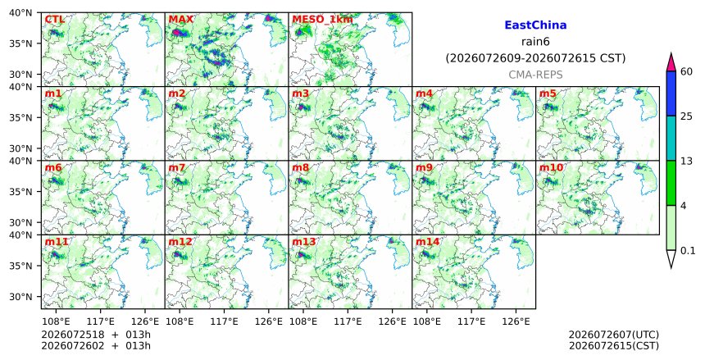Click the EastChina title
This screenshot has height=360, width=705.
535,25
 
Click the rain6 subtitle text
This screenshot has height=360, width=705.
535,42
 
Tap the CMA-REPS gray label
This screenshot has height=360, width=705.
535,75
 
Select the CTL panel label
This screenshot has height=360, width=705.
54,20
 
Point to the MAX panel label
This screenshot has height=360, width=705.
180,20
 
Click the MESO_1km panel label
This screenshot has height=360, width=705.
322,20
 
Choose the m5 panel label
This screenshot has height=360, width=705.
548,93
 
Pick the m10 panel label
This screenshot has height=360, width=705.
551,168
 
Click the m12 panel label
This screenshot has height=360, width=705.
180,242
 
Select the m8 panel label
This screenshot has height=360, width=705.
300,168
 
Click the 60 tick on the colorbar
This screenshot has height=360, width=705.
686,71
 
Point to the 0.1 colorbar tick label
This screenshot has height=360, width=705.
688,251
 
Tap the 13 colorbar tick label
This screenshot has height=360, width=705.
686,161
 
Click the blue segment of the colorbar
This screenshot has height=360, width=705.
671,93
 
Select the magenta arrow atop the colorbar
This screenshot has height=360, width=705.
671,63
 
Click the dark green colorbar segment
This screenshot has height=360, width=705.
671,183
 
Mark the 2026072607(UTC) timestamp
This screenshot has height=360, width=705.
614,335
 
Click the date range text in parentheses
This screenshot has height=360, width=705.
535,58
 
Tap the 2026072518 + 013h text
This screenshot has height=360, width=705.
96,335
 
